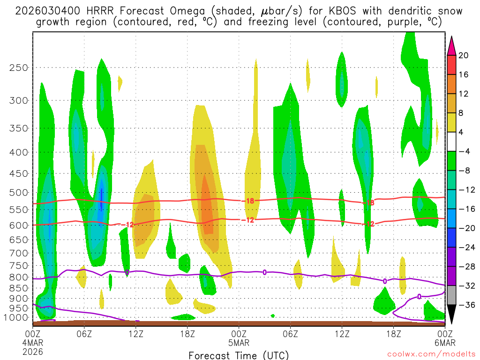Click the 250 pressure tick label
click(18, 67)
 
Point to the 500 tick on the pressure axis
click(18, 193)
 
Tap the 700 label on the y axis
click(18, 253)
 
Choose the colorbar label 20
click(464, 55)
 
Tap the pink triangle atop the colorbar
click(451, 45)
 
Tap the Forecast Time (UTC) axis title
click(239, 355)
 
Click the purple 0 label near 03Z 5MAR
click(265, 272)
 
